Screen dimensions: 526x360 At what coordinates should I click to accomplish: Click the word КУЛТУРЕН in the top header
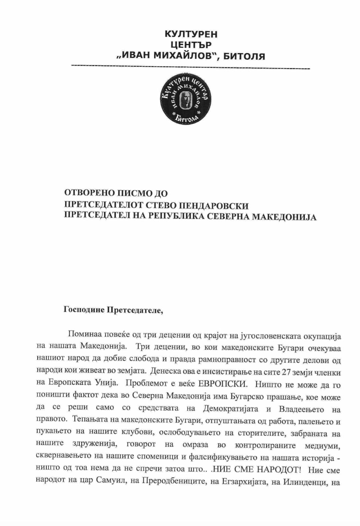point(191,34)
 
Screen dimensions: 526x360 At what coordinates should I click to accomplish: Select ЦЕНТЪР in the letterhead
point(191,45)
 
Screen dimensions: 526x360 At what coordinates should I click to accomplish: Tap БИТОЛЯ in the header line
point(244,56)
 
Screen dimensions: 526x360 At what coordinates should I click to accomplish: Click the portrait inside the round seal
point(185,99)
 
